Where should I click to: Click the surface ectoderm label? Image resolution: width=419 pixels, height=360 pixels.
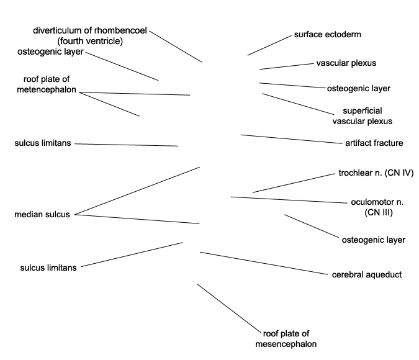pos(327,35)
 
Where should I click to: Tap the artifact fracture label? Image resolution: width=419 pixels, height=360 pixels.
pos(374,143)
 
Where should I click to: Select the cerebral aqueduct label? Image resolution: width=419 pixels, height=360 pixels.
pos(367,275)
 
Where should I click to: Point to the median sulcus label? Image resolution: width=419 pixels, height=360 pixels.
pos(42,214)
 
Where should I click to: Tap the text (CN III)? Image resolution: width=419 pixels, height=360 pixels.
pos(379,212)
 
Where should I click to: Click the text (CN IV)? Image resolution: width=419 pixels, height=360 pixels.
pos(399,173)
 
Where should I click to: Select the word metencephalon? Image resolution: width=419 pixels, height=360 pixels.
pos(47,89)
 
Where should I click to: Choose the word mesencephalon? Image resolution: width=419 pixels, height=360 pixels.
pos(286,344)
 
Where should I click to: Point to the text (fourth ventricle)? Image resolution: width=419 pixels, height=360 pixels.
pos(90,41)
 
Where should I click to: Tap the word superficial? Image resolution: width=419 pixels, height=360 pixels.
pos(363,111)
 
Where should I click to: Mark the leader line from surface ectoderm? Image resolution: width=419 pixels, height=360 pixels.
pos(269,45)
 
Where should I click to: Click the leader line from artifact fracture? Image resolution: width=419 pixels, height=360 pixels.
pos(292,139)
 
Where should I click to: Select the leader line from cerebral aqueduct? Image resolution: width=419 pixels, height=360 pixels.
pos(264,263)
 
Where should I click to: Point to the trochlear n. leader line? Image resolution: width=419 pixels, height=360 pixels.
pos(294,183)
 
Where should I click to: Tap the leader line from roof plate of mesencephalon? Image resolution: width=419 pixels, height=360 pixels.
pos(229,308)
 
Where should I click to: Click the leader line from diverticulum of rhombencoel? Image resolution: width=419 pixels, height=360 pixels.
pos(176,47)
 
